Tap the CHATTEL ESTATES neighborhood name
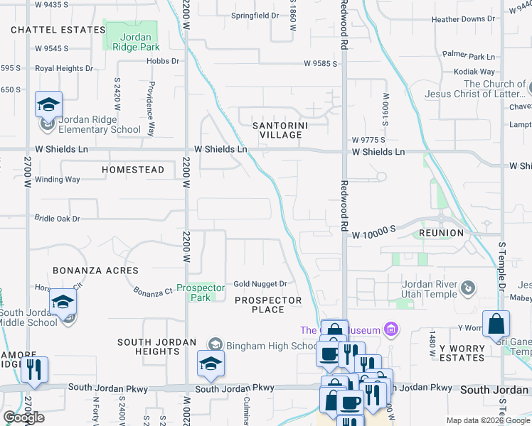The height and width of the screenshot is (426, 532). tap(58, 30)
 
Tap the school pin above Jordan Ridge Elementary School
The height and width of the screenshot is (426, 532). tap(48, 105)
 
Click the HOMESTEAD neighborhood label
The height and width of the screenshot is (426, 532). tap(133, 170)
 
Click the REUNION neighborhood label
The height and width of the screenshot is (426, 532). tap(441, 233)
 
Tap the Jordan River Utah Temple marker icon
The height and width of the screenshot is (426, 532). tap(468, 288)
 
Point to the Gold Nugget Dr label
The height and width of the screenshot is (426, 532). tap(260, 284)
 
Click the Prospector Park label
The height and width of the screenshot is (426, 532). tap(201, 293)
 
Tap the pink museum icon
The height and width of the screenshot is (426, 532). tap(390, 329)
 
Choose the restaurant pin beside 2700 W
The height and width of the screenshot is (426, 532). tap(33, 370)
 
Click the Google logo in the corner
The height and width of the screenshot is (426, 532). tap(23, 417)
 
